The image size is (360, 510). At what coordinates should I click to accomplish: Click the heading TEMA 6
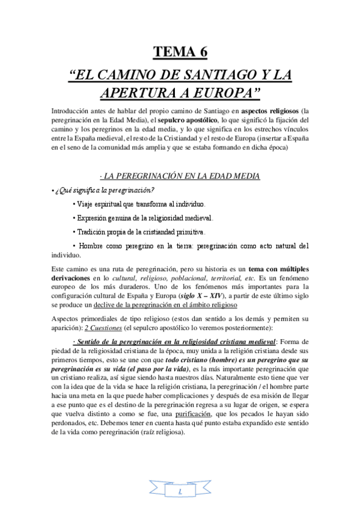pos(180,52)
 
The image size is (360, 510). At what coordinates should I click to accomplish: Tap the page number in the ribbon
pos(180,491)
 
